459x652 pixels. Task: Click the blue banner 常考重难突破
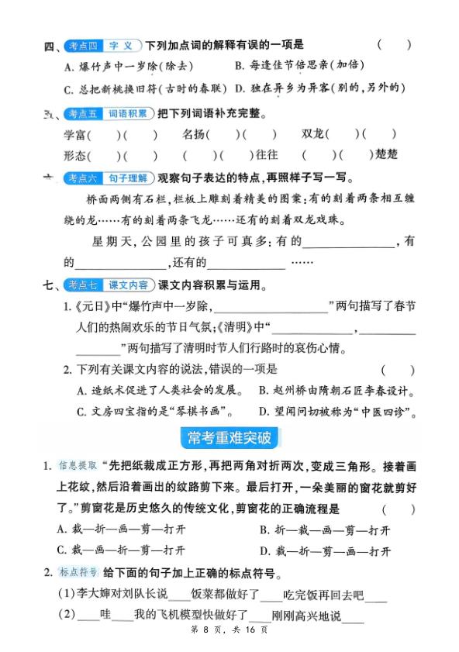[229, 439]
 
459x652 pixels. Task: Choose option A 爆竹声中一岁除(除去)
[128, 66]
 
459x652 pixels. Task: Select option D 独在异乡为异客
[319, 88]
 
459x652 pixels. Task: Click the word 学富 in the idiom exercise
[77, 135]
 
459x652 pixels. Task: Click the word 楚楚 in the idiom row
[386, 155]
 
